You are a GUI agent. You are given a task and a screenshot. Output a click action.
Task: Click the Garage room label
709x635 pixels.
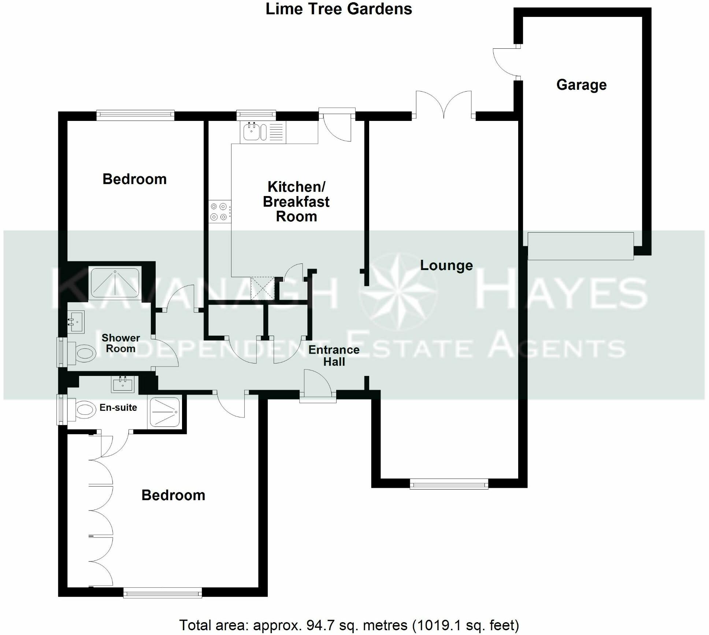(x=581, y=85)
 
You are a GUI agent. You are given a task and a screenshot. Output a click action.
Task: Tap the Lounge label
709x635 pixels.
(x=446, y=265)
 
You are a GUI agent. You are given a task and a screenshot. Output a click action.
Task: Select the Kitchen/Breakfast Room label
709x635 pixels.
(x=296, y=202)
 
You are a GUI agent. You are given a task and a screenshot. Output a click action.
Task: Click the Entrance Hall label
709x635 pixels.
(x=334, y=355)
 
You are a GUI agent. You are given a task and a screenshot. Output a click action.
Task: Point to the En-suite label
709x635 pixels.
(x=118, y=407)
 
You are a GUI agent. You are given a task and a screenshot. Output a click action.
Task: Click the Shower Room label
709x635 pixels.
(x=120, y=343)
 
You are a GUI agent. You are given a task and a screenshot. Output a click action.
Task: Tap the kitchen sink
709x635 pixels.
(x=252, y=132)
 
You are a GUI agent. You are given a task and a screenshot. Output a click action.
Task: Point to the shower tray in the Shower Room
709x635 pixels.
(x=115, y=282)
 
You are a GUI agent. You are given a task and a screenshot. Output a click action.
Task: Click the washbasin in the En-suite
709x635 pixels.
(x=123, y=384)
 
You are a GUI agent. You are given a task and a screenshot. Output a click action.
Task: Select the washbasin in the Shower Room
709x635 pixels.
(x=76, y=321)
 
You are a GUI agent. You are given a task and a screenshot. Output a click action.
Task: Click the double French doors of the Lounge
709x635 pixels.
(x=443, y=106)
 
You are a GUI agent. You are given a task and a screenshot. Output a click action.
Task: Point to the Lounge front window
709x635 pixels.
(x=449, y=485)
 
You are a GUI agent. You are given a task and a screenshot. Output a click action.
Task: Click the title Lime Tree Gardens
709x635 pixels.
(x=338, y=9)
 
